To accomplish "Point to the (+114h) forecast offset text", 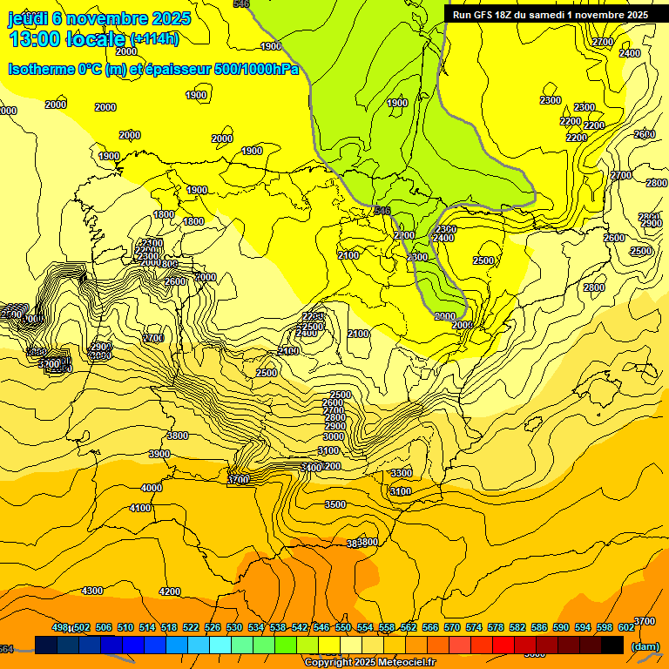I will coord(154,38).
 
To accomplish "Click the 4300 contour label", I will coord(91,591).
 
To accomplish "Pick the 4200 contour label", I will coord(169,591).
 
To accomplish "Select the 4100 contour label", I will coord(139,508).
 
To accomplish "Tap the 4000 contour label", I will coord(151,488).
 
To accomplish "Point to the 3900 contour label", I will coord(159,455).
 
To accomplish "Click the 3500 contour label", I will coord(334,504).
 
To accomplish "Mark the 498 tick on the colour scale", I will coord(60,627).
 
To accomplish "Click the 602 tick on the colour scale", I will coord(626,627).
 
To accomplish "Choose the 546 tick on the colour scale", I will coord(322,627).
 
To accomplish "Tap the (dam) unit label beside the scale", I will coord(645,645).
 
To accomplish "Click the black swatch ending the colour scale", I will coord(612,645).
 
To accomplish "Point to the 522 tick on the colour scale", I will coord(191,627).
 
